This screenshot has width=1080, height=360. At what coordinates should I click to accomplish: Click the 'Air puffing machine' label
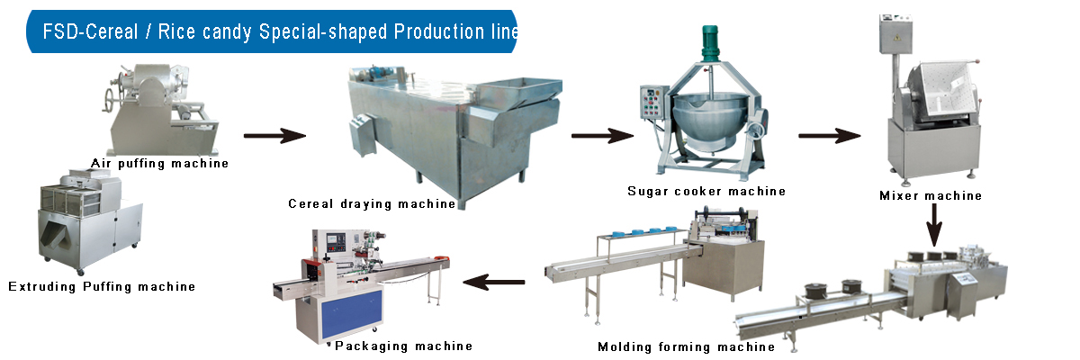159,163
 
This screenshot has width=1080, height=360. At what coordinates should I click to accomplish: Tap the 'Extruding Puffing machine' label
102,287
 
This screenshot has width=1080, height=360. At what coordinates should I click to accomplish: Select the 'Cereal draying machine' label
372,203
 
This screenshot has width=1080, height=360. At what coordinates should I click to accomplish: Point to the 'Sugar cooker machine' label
706,191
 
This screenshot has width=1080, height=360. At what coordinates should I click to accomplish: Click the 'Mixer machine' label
931,195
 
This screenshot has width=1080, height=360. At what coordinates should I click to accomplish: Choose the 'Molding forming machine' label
687,346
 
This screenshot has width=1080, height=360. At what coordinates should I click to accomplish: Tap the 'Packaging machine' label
403,346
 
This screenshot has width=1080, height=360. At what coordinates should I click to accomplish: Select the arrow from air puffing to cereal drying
274,136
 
